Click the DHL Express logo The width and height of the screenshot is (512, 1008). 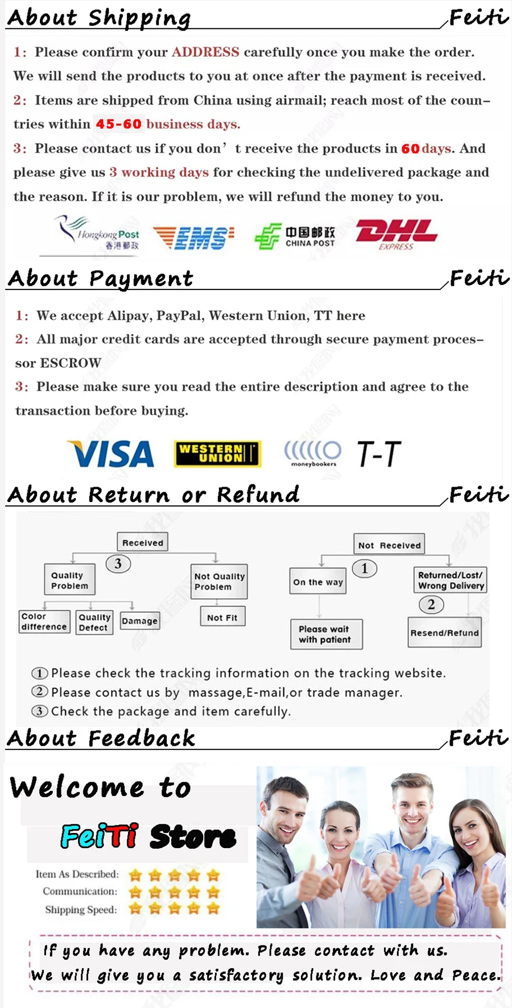coord(396,234)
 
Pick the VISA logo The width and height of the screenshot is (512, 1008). coord(112,454)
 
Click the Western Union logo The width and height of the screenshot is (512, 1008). coord(217,454)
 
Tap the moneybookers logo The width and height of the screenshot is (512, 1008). coord(313,454)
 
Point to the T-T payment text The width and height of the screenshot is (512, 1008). coord(379,454)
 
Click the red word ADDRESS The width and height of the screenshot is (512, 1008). coord(205,52)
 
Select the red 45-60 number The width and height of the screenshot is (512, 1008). coord(118,124)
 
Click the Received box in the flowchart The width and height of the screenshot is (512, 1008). coord(142,542)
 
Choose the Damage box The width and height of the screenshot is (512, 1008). coord(139,621)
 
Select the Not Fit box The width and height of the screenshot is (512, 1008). coord(222,617)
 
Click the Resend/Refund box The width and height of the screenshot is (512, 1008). coord(444,633)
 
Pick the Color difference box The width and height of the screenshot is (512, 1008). coord(44,621)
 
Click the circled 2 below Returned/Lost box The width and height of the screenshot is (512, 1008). coord(431,604)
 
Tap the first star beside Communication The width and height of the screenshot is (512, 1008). coord(135,892)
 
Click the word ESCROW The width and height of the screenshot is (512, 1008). coord(71,363)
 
